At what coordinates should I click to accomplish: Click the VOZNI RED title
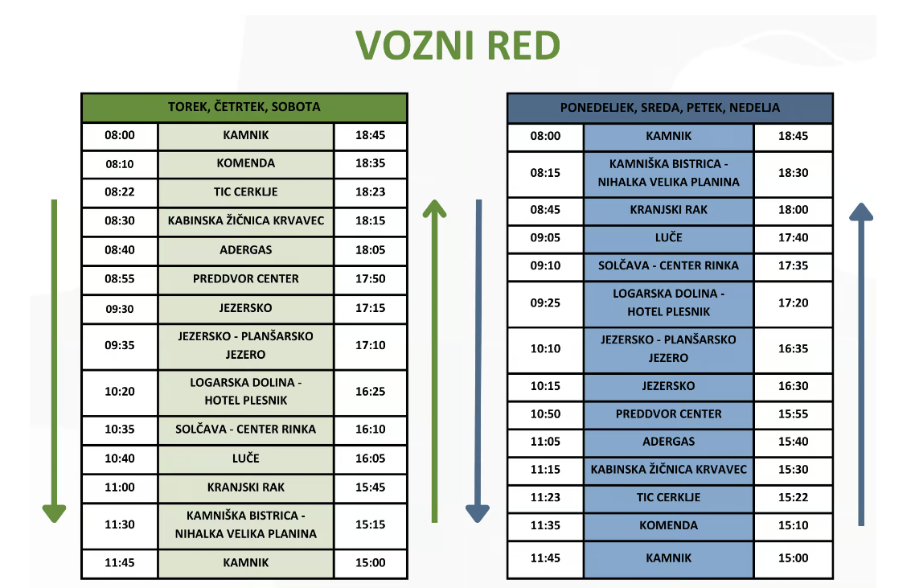pyautogui.click(x=458, y=45)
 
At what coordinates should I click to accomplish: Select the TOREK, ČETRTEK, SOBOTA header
pyautogui.click(x=244, y=107)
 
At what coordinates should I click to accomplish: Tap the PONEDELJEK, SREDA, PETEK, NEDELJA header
pyautogui.click(x=670, y=108)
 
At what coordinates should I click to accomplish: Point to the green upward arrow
pyautogui.click(x=434, y=361)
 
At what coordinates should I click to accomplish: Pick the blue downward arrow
pyautogui.click(x=478, y=361)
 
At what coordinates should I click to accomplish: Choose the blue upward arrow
pyautogui.click(x=861, y=364)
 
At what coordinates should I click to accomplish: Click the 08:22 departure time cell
pyautogui.click(x=120, y=191)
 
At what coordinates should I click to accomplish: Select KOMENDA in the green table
pyautogui.click(x=246, y=163)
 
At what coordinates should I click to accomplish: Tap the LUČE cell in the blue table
pyautogui.click(x=669, y=237)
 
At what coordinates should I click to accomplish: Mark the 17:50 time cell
pyautogui.click(x=371, y=278)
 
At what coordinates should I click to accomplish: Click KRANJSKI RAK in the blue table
pyautogui.click(x=669, y=210)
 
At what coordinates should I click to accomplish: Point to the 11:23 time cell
pyautogui.click(x=545, y=497)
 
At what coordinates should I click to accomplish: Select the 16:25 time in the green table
pyautogui.click(x=371, y=391)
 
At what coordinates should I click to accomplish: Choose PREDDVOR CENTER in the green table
pyautogui.click(x=246, y=278)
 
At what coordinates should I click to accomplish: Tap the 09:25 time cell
pyautogui.click(x=545, y=302)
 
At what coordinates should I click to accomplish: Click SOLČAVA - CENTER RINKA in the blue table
pyautogui.click(x=669, y=265)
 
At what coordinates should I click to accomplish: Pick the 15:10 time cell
pyautogui.click(x=794, y=525)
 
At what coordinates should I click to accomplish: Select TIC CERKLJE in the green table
pyautogui.click(x=246, y=191)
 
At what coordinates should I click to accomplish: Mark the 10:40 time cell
pyautogui.click(x=120, y=458)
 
